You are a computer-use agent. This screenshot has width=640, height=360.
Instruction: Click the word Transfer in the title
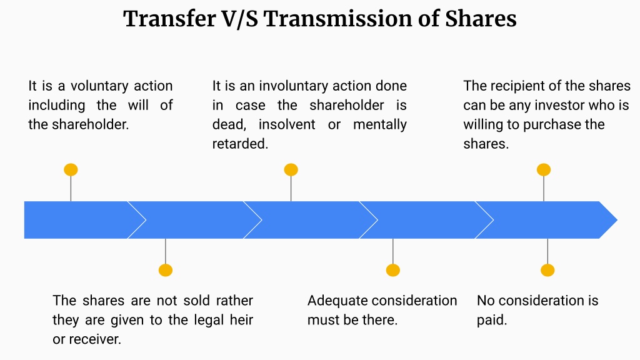(x=170, y=19)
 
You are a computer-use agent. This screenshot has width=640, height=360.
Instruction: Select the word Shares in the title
(x=481, y=19)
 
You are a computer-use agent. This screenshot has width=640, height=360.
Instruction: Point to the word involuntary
(x=294, y=86)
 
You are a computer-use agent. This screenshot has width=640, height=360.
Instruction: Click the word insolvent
(x=287, y=124)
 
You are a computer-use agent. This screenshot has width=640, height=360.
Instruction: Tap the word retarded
(x=240, y=144)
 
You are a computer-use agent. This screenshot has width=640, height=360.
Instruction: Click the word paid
(x=492, y=319)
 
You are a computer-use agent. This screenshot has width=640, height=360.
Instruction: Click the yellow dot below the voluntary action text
(x=71, y=170)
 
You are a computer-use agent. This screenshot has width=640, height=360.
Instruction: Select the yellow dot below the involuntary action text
(x=291, y=170)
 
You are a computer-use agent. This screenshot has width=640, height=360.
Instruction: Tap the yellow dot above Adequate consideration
(x=393, y=270)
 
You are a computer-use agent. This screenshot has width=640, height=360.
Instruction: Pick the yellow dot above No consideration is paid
(x=547, y=270)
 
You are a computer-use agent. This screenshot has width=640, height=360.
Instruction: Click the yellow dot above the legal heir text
(x=165, y=270)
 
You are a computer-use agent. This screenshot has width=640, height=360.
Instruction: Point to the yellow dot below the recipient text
(x=544, y=170)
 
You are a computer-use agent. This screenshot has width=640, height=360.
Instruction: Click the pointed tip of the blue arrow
(x=617, y=220)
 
